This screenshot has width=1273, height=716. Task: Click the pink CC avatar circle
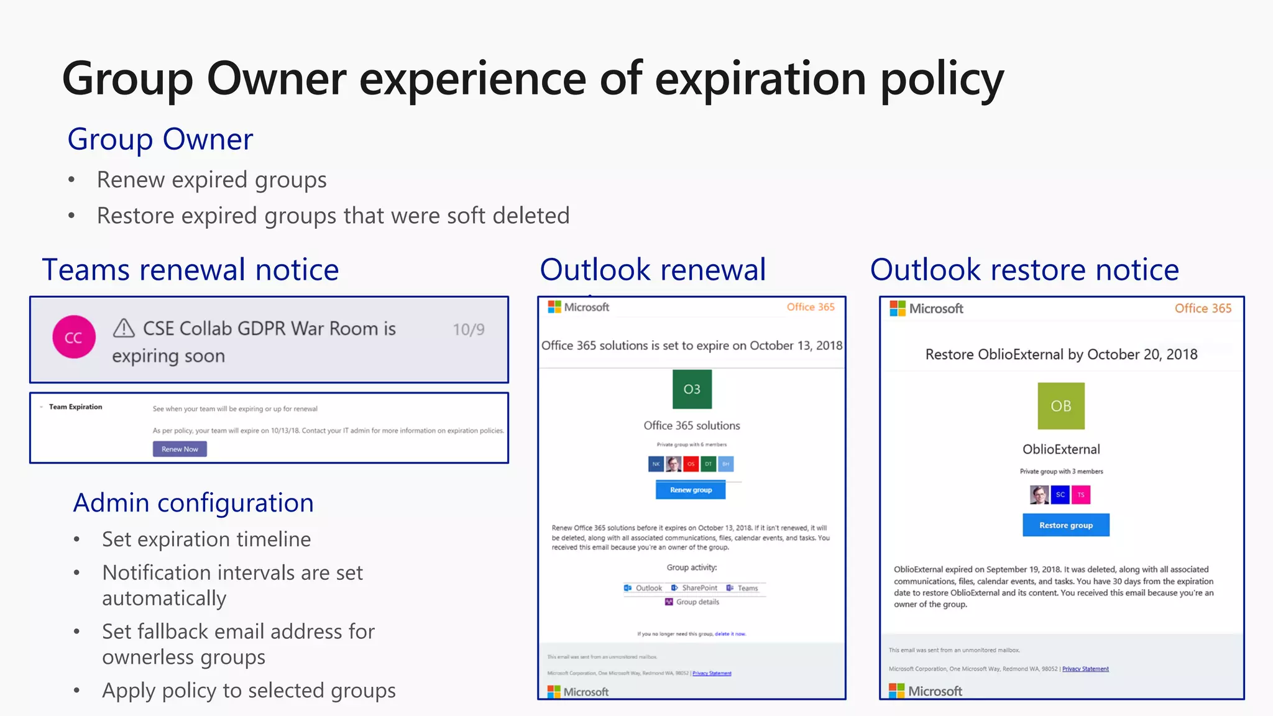tap(74, 337)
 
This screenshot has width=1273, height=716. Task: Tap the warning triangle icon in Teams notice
tap(124, 328)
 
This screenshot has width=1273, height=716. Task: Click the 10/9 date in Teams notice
tap(468, 329)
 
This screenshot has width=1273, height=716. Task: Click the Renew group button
tap(691, 490)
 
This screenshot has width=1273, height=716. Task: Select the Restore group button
tap(1065, 525)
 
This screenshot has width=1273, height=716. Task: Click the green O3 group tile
tap(692, 389)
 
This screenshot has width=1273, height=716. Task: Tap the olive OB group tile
tap(1060, 406)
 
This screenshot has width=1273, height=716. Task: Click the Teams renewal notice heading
tap(190, 270)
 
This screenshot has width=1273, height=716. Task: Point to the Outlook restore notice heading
tap(1024, 270)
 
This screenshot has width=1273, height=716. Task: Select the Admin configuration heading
tap(193, 503)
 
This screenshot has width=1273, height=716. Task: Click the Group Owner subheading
tap(160, 139)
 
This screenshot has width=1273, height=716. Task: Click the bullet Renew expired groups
tap(211, 180)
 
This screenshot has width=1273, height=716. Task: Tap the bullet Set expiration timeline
tap(206, 539)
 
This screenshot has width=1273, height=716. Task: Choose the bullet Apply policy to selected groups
tap(249, 691)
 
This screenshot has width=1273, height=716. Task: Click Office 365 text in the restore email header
tap(1202, 308)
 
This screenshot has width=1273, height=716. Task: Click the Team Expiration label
tap(75, 407)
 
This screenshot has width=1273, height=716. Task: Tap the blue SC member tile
tap(1060, 495)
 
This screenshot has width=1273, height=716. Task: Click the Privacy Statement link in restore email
tap(1085, 669)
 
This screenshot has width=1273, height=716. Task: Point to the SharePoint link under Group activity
tap(699, 588)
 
